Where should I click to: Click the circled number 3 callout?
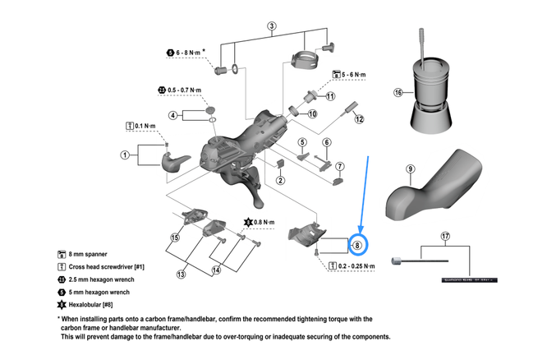[x=271, y=25]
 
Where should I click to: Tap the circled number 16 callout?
[x=398, y=93]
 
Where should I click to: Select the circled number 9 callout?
[x=410, y=170]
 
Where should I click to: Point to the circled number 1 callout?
[x=125, y=154]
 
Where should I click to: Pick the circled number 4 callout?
[x=173, y=115]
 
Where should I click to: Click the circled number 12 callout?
[x=359, y=119]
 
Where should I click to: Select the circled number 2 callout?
[x=280, y=181]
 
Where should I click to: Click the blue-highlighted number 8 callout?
[x=357, y=244]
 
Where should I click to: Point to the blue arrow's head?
[x=361, y=228]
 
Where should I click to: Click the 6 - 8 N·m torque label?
[x=191, y=53]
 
